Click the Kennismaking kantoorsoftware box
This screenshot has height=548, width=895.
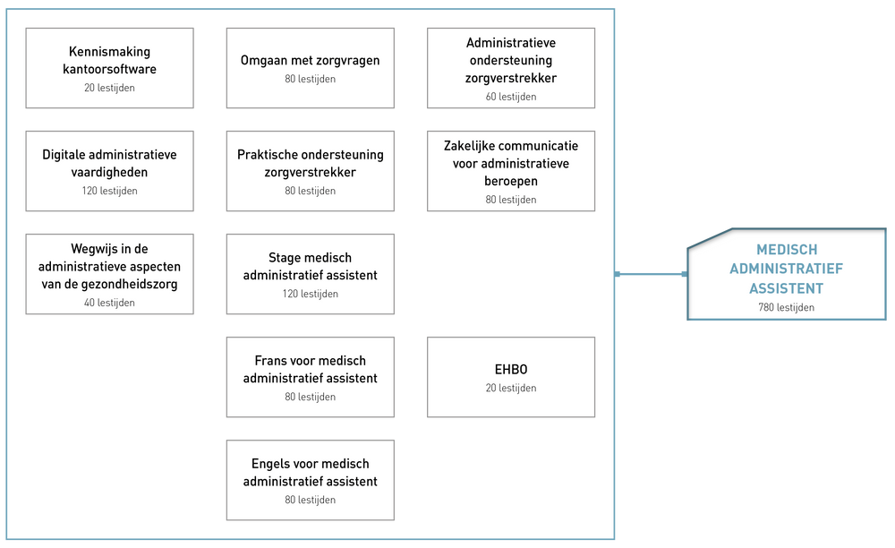pos(109,67)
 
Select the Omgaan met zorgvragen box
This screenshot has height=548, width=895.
pos(310,67)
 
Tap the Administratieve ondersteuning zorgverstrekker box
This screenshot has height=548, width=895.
pos(510,67)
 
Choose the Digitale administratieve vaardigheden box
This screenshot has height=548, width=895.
pos(109,170)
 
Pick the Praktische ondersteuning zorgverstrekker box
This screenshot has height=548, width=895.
pos(310,170)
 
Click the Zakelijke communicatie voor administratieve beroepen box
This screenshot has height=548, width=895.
pos(510,170)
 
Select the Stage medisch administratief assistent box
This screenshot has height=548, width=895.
pos(310,273)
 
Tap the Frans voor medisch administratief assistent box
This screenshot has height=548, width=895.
pos(310,376)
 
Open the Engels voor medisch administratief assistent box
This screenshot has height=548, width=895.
pos(310,480)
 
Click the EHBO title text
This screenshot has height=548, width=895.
pos(511,369)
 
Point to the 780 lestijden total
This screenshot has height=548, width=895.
pos(786,307)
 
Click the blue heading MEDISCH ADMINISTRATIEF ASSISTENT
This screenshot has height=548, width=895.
pos(787,269)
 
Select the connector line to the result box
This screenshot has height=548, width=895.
pos(651,274)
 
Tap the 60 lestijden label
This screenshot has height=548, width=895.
pos(511,97)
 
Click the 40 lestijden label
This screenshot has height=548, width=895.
pos(109,303)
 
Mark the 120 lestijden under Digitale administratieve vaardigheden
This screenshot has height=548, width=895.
pos(109,191)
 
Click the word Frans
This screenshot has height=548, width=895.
pos(272,361)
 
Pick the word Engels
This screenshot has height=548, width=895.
pos(271,464)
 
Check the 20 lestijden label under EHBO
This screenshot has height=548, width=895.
pos(511,388)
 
